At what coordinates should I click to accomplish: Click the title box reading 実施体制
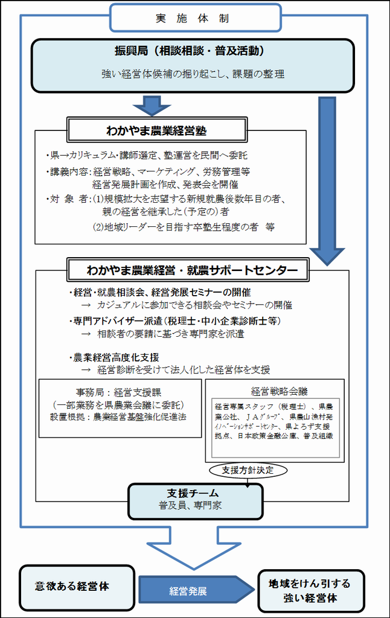point(195,18)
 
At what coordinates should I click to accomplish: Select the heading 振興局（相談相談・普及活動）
point(190,51)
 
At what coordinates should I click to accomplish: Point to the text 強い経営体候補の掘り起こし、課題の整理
point(193,74)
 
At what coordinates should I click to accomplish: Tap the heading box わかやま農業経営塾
point(157,130)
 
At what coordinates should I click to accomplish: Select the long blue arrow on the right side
point(327,181)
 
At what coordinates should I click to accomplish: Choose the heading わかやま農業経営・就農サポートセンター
point(188,270)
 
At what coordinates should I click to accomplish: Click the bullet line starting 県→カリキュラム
point(147,155)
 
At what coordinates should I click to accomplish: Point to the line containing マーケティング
point(148,171)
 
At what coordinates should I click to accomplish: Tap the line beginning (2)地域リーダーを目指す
point(184,227)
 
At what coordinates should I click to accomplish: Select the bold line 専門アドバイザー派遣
point(175,321)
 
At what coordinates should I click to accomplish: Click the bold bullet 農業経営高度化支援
point(114,357)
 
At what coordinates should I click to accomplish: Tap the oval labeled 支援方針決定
point(248,470)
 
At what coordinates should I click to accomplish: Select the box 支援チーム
point(196,502)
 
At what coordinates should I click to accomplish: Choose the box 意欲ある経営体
point(77,588)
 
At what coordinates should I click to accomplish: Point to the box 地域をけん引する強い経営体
point(311,591)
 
